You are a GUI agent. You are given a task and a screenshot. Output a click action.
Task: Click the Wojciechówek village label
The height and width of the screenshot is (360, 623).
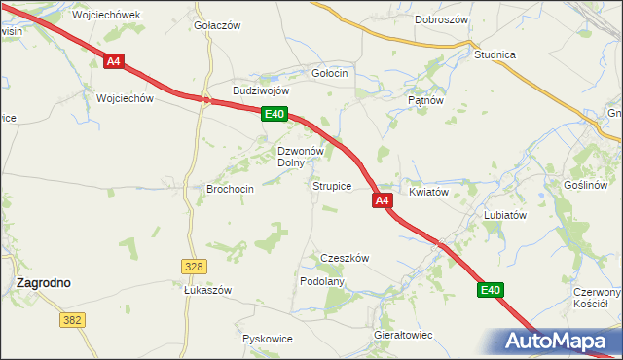pos(106,16)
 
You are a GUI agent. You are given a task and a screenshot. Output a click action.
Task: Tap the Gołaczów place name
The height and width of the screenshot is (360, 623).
pos(217,25)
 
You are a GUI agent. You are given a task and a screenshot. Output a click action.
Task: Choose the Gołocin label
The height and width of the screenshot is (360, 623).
pos(329,74)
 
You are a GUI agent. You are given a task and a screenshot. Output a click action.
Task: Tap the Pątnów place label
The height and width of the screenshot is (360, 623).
pos(425,99)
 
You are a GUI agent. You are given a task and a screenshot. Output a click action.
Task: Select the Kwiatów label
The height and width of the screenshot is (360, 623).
pos(428,192)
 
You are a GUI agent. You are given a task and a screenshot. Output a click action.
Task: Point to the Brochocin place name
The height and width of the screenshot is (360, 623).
pos(231,189)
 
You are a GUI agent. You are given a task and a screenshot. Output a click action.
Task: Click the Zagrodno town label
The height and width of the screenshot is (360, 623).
pos(44,282)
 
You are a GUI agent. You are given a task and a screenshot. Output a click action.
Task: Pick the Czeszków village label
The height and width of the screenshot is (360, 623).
pos(345,258)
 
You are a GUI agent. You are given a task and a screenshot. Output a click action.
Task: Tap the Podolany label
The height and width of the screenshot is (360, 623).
pos(322,280)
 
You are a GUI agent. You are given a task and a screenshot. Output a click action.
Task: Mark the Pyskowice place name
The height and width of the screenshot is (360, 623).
pos(268,339)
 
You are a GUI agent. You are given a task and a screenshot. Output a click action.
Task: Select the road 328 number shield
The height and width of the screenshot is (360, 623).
pos(194,266)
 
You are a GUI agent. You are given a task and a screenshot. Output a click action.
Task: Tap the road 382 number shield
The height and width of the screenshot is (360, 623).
pos(72,319)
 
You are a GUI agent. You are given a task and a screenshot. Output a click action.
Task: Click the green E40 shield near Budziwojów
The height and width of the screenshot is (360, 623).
pos(274,115)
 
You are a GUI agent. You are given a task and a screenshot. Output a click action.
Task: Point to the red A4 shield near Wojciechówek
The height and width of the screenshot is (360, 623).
pos(114,61)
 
